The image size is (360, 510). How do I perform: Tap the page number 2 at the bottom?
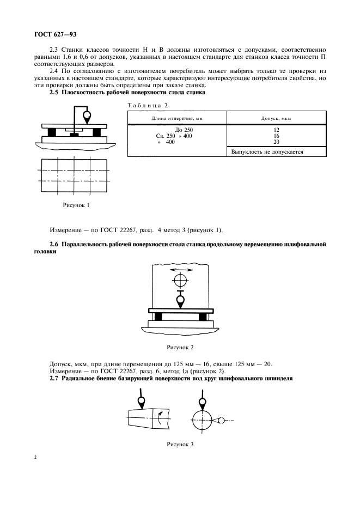tap(36, 457)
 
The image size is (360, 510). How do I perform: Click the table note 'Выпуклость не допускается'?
tap(267, 152)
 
